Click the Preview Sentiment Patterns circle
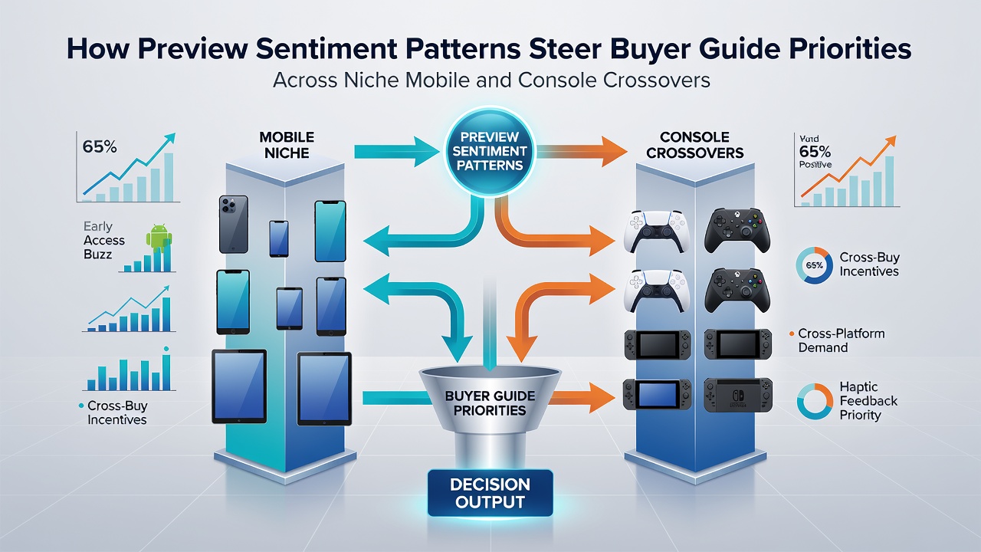(490, 152)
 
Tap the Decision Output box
(490, 493)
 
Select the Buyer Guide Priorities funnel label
(490, 403)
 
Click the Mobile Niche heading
(287, 145)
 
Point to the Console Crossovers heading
(694, 145)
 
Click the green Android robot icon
(159, 238)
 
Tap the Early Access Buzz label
(103, 240)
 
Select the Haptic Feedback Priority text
(868, 401)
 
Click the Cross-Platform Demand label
(841, 340)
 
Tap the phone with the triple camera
(234, 225)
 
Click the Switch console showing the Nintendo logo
(738, 395)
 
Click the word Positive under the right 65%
(815, 165)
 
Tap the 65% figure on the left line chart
(100, 146)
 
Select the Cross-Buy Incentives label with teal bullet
(117, 412)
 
